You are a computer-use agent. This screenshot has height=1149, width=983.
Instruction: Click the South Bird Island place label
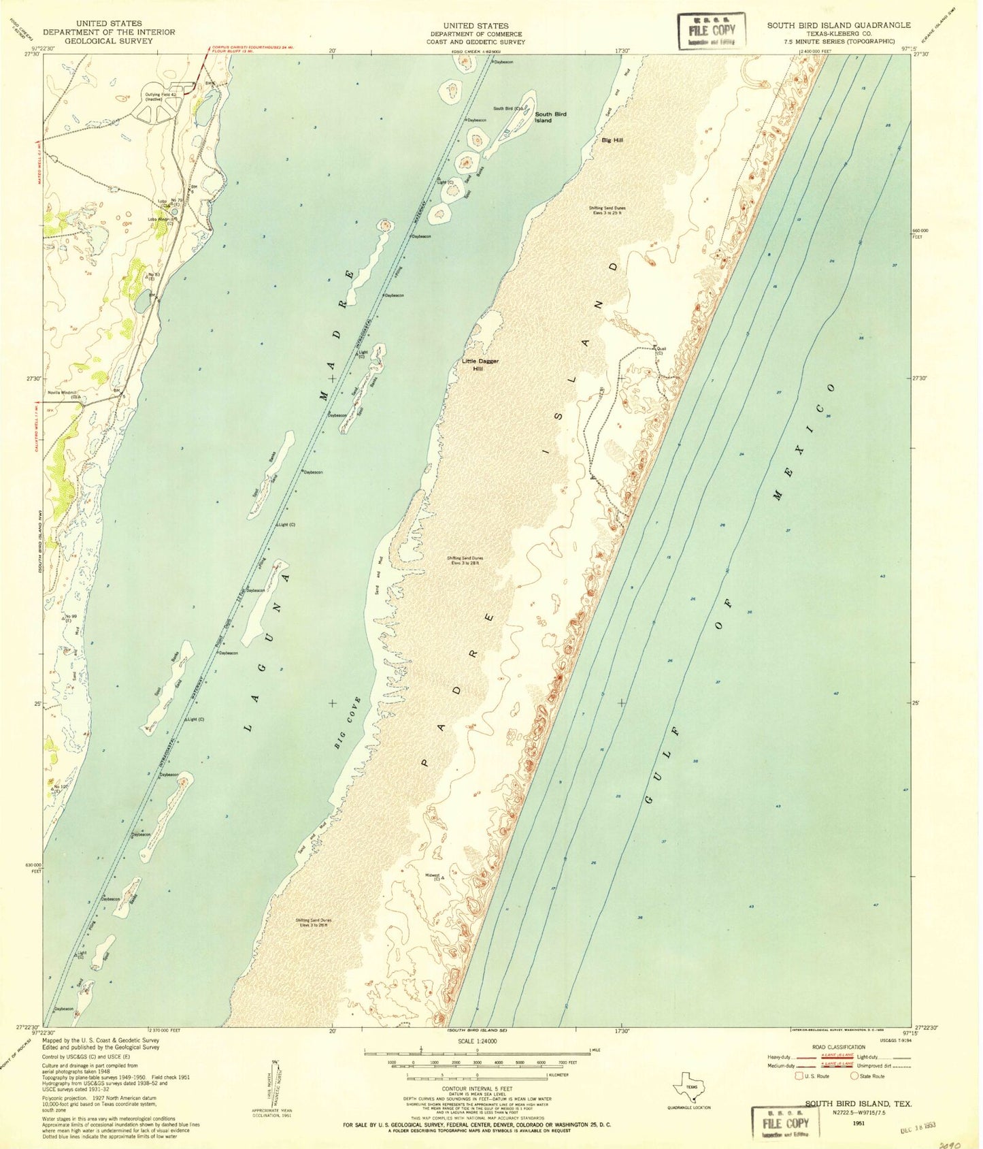(550, 117)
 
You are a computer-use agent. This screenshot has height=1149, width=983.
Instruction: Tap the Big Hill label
(612, 140)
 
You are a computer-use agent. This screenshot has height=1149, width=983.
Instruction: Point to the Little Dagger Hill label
(480, 364)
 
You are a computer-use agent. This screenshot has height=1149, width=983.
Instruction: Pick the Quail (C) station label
(661, 351)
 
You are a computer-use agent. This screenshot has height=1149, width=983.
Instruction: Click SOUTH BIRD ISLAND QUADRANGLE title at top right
(839, 25)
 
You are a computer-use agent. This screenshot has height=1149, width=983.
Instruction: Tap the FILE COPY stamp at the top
(712, 31)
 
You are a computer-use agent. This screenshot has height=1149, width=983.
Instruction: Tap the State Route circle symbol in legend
(854, 1076)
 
